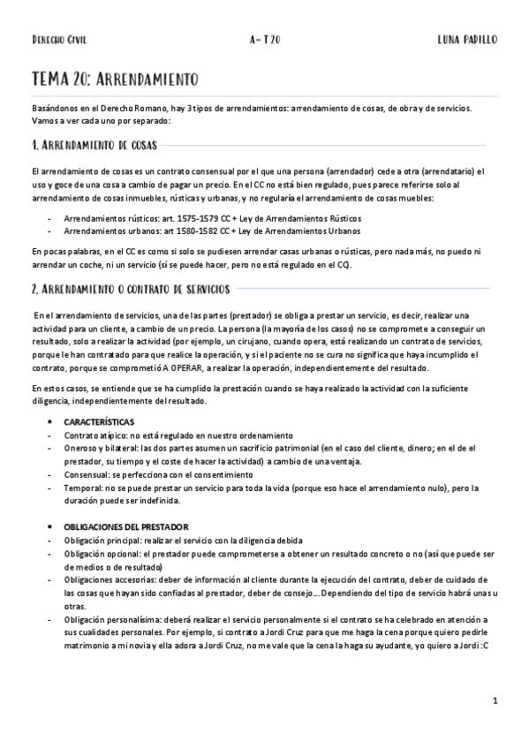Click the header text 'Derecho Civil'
point(59,41)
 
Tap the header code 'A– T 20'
point(265,41)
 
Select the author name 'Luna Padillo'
point(467,41)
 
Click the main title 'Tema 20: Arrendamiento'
point(115,79)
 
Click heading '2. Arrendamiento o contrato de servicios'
point(130,289)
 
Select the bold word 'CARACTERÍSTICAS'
point(100,423)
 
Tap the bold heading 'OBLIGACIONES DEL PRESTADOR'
point(128,527)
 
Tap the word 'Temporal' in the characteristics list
point(83,488)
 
